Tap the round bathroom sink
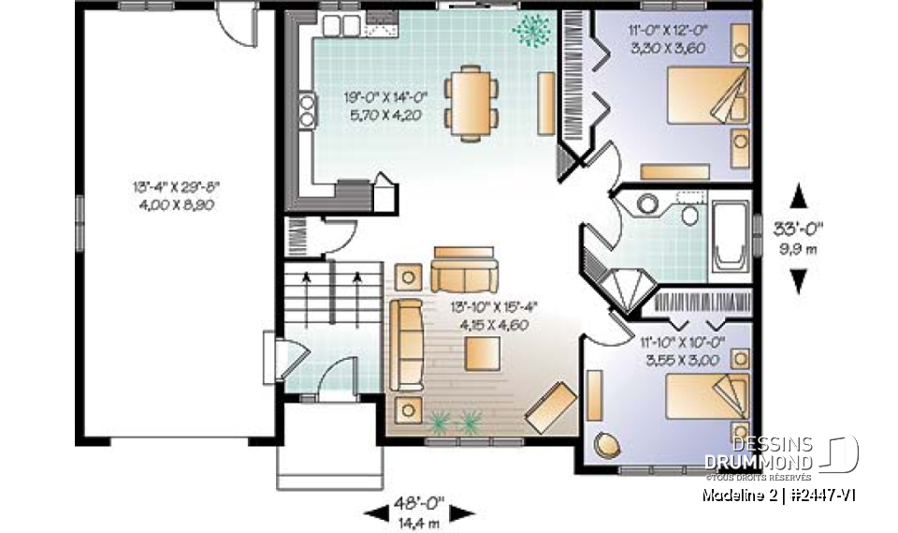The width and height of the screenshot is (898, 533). [647, 203]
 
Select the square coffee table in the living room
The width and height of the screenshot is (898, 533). [484, 354]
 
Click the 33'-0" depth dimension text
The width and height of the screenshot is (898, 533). [798, 228]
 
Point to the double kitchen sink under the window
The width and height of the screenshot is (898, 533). [335, 26]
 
